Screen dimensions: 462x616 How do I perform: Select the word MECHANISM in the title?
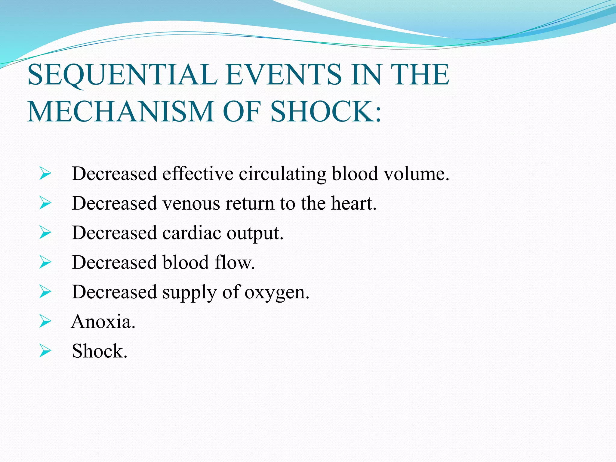[120, 112]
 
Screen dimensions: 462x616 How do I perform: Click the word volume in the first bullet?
[416, 174]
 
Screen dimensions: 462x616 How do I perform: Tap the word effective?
[198, 174]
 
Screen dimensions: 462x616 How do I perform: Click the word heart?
[353, 203]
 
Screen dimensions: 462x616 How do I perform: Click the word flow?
[235, 262]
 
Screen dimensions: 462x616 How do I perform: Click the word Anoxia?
[103, 321]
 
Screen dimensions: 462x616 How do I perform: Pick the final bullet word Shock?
[99, 351]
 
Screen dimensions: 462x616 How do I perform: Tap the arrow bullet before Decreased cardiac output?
[45, 233]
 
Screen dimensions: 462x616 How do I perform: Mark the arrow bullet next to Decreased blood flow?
[45, 262]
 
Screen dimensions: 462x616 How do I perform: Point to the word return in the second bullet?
[250, 203]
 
